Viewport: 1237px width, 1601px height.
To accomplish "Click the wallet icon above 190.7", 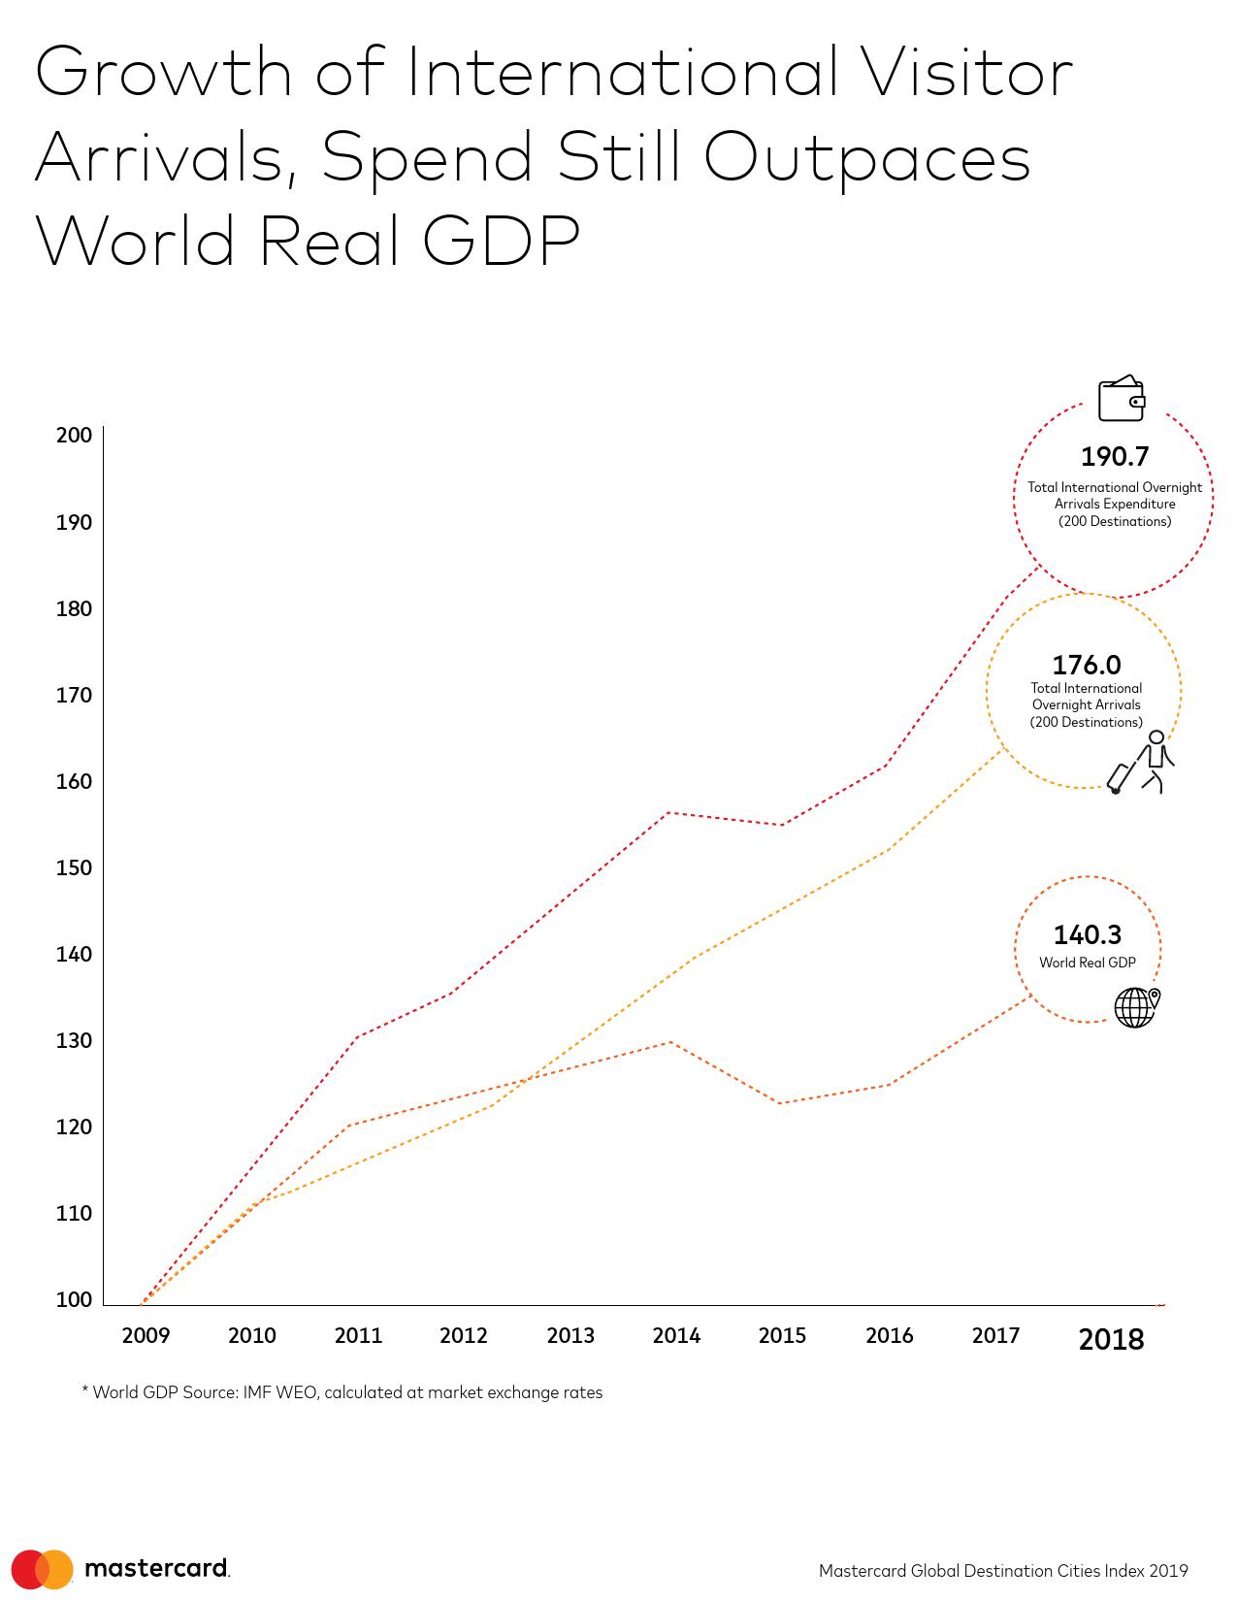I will tap(1121, 399).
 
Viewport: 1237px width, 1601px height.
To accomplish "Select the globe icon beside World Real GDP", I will tap(1136, 1007).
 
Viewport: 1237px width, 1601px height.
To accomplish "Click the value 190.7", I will tap(1114, 456).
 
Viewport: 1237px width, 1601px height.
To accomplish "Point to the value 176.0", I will tap(1086, 665).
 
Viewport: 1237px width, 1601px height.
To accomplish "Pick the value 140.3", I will tap(1087, 934).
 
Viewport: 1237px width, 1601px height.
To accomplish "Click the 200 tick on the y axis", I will tap(75, 435).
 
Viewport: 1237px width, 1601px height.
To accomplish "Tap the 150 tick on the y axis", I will tap(75, 867).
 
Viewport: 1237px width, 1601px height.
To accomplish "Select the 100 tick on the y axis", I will tap(75, 1299).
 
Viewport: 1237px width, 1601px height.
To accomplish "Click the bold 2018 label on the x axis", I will tap(1111, 1339).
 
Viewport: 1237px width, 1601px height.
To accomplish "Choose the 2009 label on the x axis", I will tap(146, 1336).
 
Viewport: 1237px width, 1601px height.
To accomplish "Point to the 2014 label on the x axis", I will tap(676, 1336).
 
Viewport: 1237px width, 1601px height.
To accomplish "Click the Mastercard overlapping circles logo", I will tap(43, 1568).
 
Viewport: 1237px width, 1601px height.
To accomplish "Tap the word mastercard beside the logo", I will tap(156, 1568).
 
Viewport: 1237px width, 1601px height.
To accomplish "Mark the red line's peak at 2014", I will tap(669, 812).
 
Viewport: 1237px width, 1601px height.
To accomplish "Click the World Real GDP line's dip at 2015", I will tap(781, 1103).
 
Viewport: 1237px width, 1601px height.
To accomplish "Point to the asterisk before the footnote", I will tap(85, 1391).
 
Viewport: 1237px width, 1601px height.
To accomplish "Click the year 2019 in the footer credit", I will tap(1170, 1571).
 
